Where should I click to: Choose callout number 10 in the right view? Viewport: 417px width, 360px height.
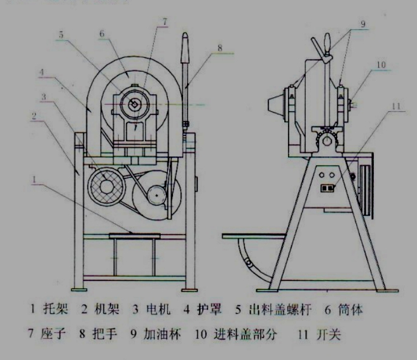(x=380, y=63)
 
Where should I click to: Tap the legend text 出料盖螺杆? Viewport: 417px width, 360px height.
(x=281, y=309)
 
